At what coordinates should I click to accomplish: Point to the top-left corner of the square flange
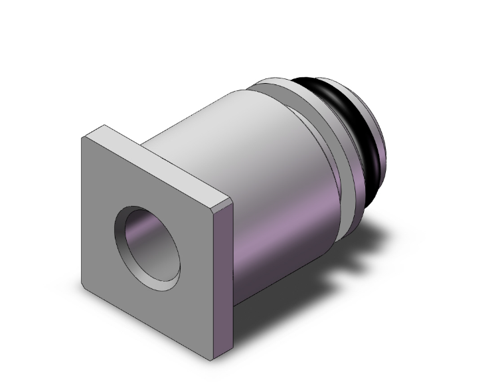click(82, 138)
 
